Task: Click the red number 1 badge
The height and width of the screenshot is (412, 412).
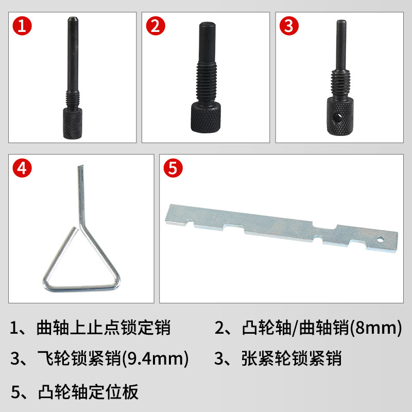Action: [x=22, y=26]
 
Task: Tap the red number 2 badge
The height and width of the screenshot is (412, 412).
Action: [x=156, y=26]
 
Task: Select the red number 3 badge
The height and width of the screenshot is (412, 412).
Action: [x=289, y=26]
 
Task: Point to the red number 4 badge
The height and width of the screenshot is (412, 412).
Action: [x=22, y=168]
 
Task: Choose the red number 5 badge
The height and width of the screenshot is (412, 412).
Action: [x=173, y=168]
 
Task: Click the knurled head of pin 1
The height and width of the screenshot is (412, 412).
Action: [x=73, y=123]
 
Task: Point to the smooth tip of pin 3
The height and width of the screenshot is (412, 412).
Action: [x=341, y=45]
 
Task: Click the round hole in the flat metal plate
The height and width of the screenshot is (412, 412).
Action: [x=380, y=239]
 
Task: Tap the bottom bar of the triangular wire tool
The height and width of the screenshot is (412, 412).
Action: [x=81, y=288]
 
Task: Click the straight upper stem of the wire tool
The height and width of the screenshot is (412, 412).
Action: [x=81, y=195]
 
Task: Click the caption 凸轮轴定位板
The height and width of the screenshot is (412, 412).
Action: [x=88, y=392]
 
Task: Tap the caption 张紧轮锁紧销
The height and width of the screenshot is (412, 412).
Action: [x=291, y=358]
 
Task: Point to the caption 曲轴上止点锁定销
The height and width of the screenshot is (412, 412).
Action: [x=104, y=328]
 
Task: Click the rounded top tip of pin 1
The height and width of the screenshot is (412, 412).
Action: [x=73, y=19]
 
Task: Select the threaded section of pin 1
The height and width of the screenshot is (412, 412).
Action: [x=73, y=100]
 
